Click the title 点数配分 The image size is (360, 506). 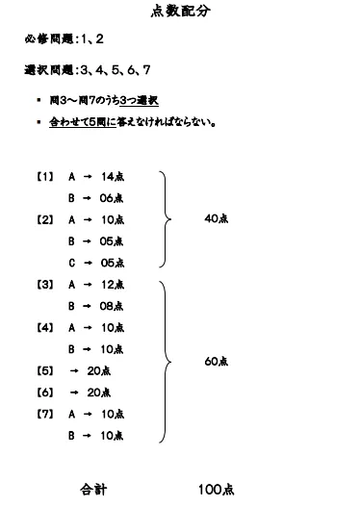179,12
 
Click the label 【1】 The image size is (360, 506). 44,176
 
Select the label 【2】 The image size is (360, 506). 44,219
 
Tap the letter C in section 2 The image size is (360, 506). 72,262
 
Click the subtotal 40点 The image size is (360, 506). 217,218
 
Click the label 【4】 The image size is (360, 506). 44,327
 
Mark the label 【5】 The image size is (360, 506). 44,370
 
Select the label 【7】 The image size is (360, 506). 44,414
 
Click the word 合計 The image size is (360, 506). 92,489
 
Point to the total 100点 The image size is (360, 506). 216,489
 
